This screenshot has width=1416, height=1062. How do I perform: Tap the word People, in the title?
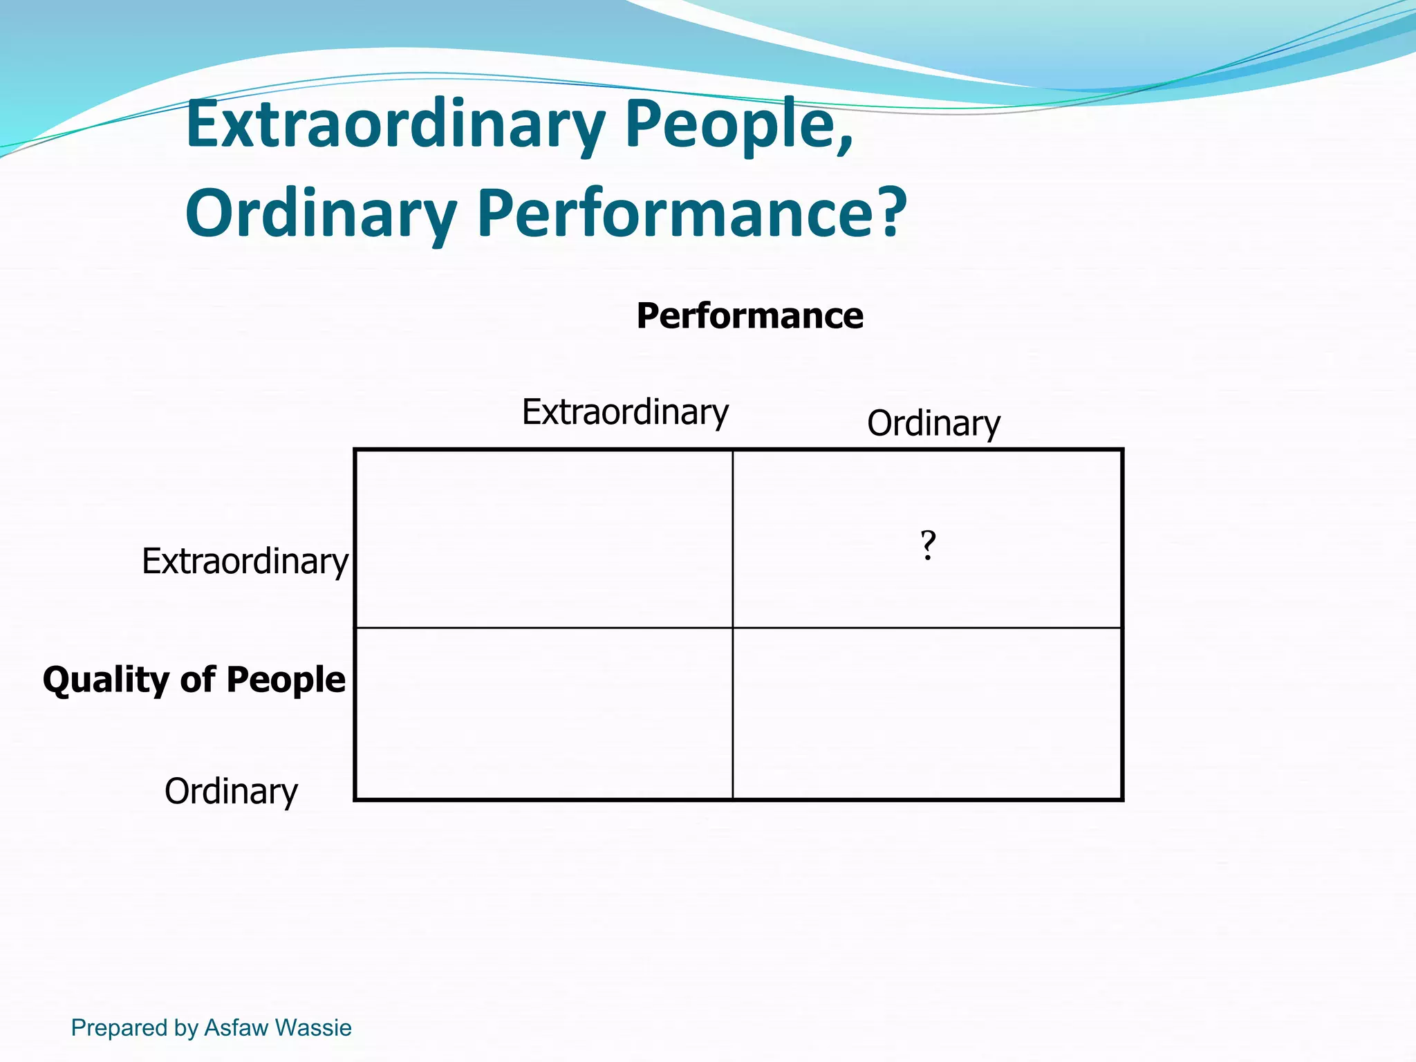click(740, 126)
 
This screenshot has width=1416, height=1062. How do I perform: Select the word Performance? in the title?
click(691, 214)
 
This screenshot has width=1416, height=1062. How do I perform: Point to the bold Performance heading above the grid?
click(749, 316)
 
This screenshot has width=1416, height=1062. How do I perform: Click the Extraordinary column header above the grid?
click(625, 412)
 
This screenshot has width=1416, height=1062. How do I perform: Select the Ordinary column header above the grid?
click(933, 423)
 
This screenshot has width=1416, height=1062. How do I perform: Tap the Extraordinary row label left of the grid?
click(245, 561)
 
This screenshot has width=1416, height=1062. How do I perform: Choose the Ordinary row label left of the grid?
click(231, 791)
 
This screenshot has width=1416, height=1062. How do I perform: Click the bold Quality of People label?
click(194, 680)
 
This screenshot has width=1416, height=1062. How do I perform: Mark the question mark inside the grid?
click(928, 546)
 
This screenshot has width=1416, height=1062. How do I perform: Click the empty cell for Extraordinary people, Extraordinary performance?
click(543, 539)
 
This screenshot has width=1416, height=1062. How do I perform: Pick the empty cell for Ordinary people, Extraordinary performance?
click(543, 714)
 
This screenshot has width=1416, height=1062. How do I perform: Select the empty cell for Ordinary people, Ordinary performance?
click(926, 714)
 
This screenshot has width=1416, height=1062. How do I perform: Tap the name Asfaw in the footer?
click(236, 1027)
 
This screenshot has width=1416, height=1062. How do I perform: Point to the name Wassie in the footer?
click(313, 1027)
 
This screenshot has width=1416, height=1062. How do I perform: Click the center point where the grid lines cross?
click(733, 628)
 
